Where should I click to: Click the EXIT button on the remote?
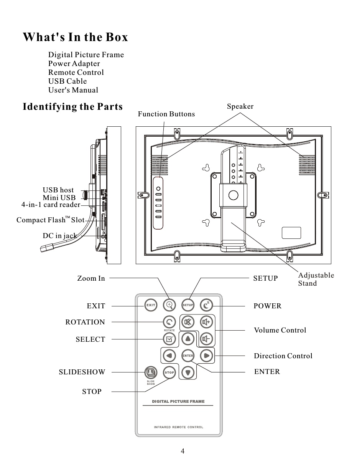pos(151,305)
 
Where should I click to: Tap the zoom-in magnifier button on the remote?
pos(169,305)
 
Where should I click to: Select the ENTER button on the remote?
pos(188,356)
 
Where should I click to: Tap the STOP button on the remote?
pos(169,372)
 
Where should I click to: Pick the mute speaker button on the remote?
pos(188,322)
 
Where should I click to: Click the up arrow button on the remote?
pos(188,339)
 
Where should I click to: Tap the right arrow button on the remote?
pos(206,356)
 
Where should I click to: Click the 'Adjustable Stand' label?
pos(316,280)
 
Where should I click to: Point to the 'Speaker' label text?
pos(240,106)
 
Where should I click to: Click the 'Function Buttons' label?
pos(166,114)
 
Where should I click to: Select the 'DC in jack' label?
pos(59,235)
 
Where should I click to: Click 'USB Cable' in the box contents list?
pos(67,81)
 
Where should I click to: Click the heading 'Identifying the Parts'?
pos(73,107)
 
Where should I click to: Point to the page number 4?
pos(183,451)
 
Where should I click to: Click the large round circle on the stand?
pos(233,195)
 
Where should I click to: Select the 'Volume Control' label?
pos(280,330)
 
